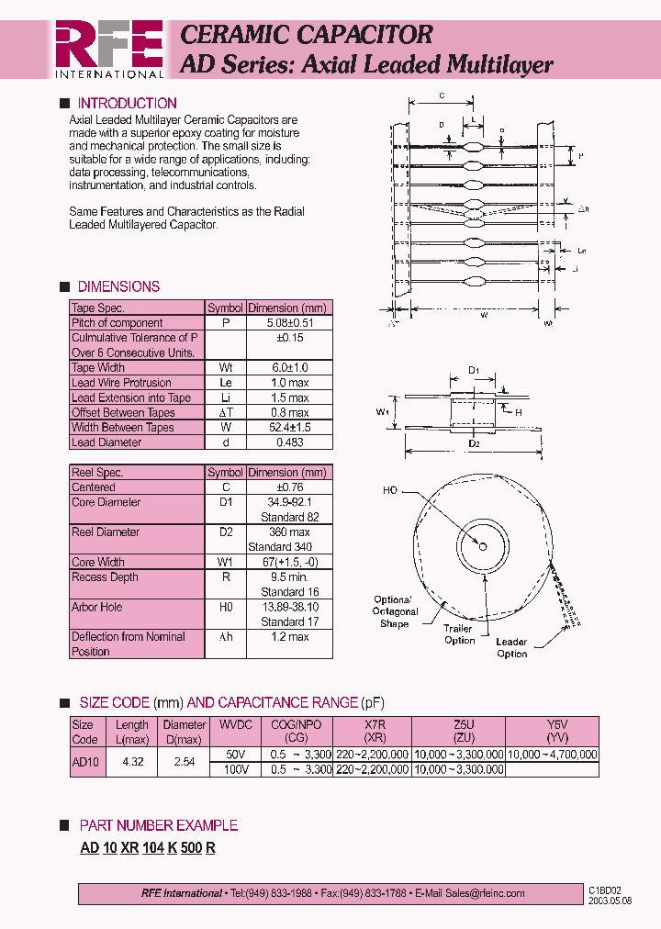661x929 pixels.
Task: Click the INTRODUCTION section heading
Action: click(127, 103)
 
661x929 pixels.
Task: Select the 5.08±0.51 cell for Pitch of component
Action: click(288, 323)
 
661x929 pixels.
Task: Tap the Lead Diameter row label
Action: click(106, 442)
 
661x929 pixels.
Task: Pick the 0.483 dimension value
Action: click(288, 442)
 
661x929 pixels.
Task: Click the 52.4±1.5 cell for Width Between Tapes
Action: click(288, 428)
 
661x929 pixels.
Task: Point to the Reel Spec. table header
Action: click(97, 473)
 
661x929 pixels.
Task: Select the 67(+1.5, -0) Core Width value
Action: click(288, 563)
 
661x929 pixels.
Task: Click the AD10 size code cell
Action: click(84, 762)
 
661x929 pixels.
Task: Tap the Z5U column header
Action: click(457, 724)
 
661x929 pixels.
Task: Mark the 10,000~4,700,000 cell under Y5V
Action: click(552, 755)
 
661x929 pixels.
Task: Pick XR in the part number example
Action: click(129, 848)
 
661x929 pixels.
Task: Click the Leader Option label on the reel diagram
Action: click(511, 648)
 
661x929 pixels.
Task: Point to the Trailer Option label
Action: click(459, 634)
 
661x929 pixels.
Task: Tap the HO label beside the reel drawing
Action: click(390, 491)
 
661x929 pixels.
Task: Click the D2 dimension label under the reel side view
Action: click(474, 444)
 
